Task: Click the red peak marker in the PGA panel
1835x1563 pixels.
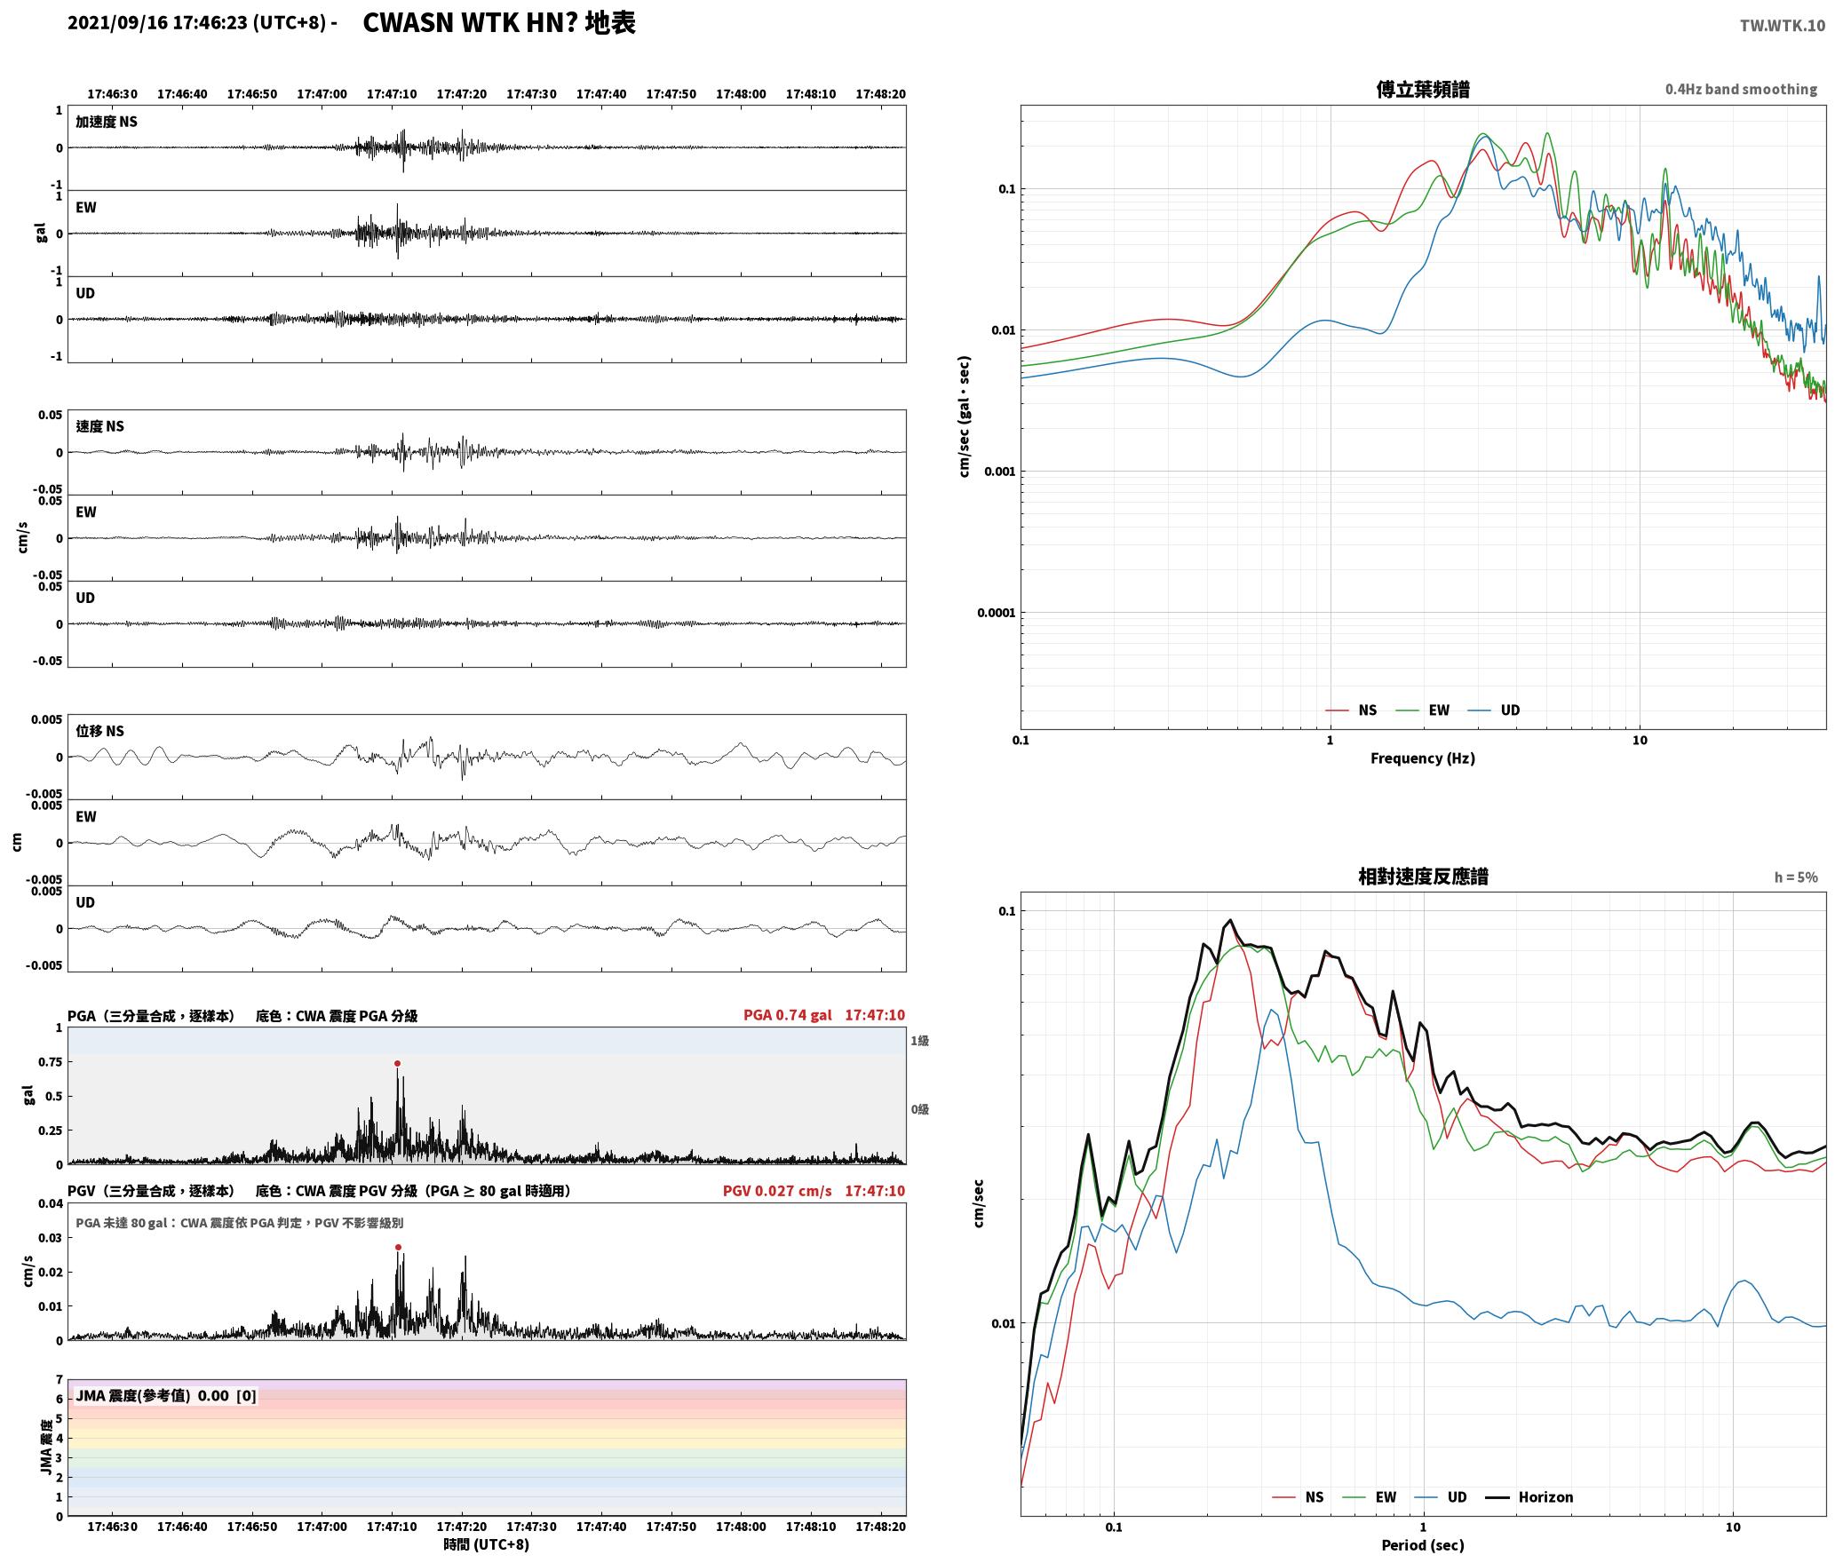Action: click(x=397, y=1063)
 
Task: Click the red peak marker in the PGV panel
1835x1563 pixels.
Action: click(x=398, y=1247)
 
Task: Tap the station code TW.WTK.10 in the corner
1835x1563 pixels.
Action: click(x=1783, y=26)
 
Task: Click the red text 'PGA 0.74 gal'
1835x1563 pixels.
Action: click(x=788, y=1015)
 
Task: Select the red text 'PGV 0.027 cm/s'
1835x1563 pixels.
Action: click(x=777, y=1191)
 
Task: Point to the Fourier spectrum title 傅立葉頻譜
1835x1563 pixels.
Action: click(x=1423, y=89)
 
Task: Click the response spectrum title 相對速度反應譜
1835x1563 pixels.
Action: click(x=1423, y=877)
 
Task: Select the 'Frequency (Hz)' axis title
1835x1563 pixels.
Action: click(x=1423, y=758)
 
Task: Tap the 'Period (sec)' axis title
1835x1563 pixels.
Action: click(x=1423, y=1545)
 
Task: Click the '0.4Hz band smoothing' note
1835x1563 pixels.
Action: click(x=1741, y=90)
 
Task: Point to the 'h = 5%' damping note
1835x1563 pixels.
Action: click(x=1796, y=877)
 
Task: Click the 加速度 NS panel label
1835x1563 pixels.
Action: click(x=107, y=122)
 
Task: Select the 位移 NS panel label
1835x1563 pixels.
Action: click(x=100, y=731)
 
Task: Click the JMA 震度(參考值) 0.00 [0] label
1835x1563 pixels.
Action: click(x=166, y=1396)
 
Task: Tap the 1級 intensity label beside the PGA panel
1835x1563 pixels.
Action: click(x=919, y=1041)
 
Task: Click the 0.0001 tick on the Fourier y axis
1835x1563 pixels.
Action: click(x=996, y=613)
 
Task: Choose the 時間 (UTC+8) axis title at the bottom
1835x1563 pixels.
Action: click(x=487, y=1544)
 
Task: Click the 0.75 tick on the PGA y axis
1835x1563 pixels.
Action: click(x=51, y=1062)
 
